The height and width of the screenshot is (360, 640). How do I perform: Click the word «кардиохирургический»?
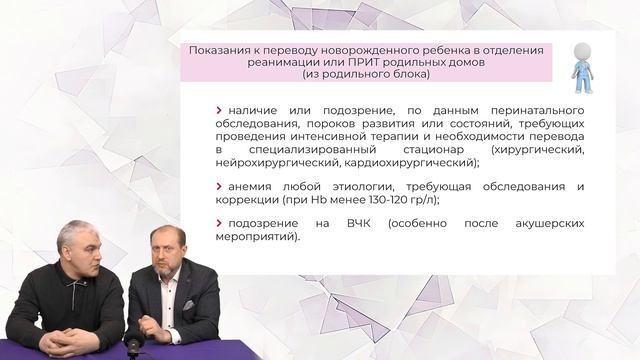coord(410,162)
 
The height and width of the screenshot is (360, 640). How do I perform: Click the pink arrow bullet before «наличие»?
coord(219,110)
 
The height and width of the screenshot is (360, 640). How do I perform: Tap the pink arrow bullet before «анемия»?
coord(219,186)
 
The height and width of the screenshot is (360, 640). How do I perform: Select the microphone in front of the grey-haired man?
coord(131,345)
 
